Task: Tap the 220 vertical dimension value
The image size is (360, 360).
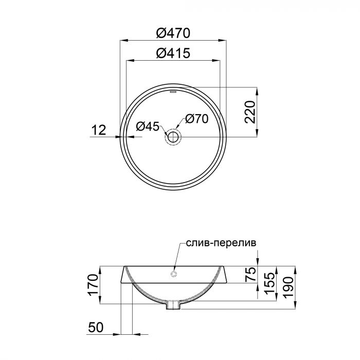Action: click(x=250, y=112)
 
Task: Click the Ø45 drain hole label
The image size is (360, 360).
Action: click(x=148, y=125)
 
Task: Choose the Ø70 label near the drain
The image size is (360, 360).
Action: click(x=195, y=119)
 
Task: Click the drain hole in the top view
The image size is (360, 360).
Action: click(x=173, y=137)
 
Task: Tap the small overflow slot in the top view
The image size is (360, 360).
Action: click(x=173, y=93)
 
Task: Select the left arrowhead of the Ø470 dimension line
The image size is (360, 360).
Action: click(x=122, y=40)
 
